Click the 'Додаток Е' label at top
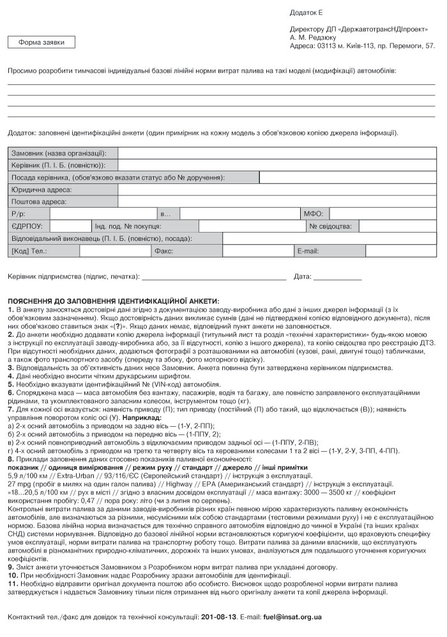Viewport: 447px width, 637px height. tap(307, 12)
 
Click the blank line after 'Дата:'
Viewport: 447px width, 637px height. tap(337, 278)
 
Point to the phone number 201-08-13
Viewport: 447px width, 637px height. tap(218, 618)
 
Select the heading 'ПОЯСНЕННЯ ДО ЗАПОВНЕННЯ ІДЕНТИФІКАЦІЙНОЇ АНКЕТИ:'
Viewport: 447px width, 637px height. tap(113, 301)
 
